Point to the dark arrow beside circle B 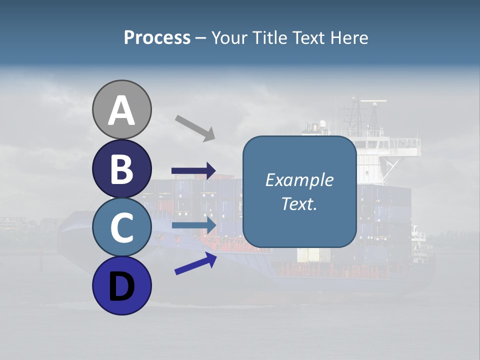pyautogui.click(x=193, y=171)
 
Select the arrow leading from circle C pyautogui.click(x=193, y=225)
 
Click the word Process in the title pyautogui.click(x=157, y=37)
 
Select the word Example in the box pyautogui.click(x=299, y=180)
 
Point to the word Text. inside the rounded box pyautogui.click(x=299, y=203)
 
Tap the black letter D pyautogui.click(x=121, y=286)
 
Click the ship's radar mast pyautogui.click(x=356, y=112)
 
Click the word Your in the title pyautogui.click(x=228, y=37)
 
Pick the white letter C pyautogui.click(x=121, y=228)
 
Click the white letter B pyautogui.click(x=121, y=169)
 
